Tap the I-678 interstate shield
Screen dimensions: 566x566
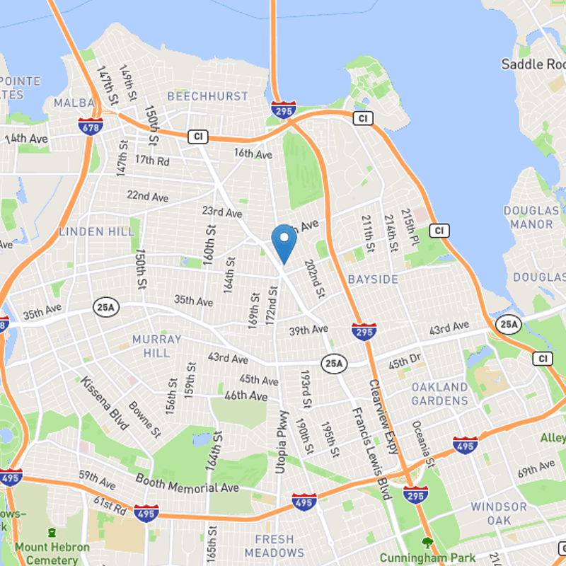pyautogui.click(x=91, y=125)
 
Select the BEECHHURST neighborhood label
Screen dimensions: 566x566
pyautogui.click(x=207, y=96)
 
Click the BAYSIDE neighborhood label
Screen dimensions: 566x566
pyautogui.click(x=373, y=279)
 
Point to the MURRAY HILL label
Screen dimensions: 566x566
pyautogui.click(x=156, y=346)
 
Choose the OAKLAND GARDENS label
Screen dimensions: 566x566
pyautogui.click(x=439, y=394)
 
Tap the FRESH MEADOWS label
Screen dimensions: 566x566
pyautogui.click(x=275, y=545)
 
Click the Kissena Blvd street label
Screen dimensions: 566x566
pyautogui.click(x=105, y=403)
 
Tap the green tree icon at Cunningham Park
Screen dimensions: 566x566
pyautogui.click(x=426, y=543)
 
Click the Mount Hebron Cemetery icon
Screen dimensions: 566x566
pyautogui.click(x=52, y=532)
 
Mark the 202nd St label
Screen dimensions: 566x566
pyautogui.click(x=315, y=278)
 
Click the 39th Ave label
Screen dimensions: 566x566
pyautogui.click(x=309, y=330)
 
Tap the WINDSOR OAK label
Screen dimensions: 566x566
pyautogui.click(x=499, y=514)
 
